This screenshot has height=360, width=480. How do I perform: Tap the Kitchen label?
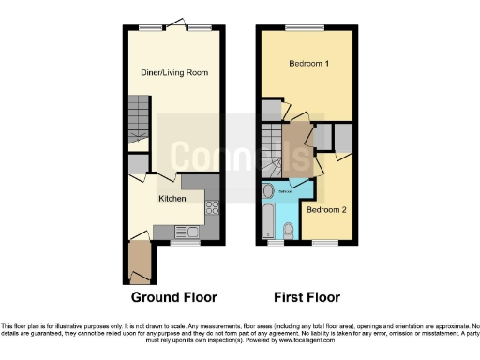coord(172,199)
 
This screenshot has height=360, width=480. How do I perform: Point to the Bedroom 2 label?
coord(326,209)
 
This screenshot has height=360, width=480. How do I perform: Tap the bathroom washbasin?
coord(269,192)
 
